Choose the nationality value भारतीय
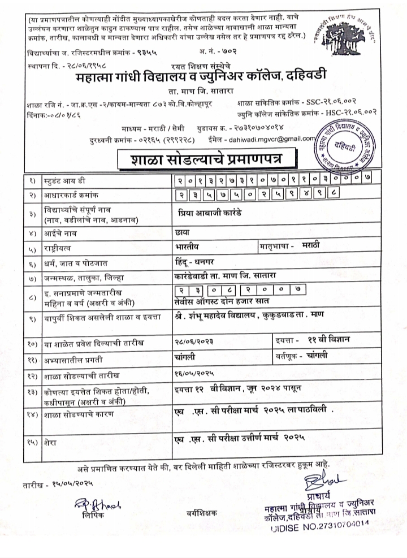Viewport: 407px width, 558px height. (x=188, y=247)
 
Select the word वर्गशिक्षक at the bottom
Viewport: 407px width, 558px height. (x=201, y=513)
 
